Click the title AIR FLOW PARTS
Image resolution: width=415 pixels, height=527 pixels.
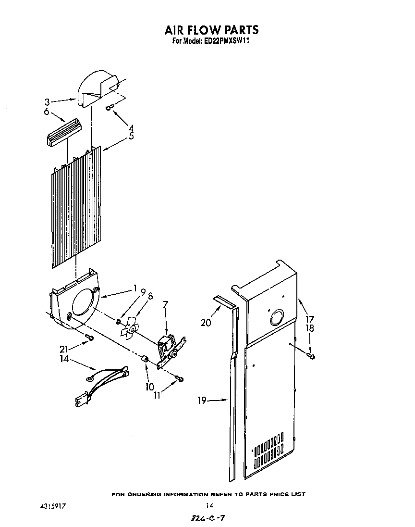(211, 30)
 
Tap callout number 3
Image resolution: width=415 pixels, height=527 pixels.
(47, 102)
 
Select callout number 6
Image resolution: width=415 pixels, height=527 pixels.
(47, 112)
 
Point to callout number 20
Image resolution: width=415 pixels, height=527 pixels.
(206, 323)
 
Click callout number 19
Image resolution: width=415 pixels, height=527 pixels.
(203, 400)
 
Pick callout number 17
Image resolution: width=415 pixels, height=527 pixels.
(310, 318)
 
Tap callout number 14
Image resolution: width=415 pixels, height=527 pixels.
(64, 358)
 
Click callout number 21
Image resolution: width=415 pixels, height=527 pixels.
(64, 349)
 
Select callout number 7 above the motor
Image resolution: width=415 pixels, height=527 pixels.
(166, 304)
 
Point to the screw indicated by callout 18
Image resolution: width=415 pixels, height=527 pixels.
(311, 356)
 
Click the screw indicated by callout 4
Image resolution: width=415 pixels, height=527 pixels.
(109, 107)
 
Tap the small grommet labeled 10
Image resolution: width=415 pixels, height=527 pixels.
(143, 359)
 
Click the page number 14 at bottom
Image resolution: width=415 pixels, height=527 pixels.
(209, 505)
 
